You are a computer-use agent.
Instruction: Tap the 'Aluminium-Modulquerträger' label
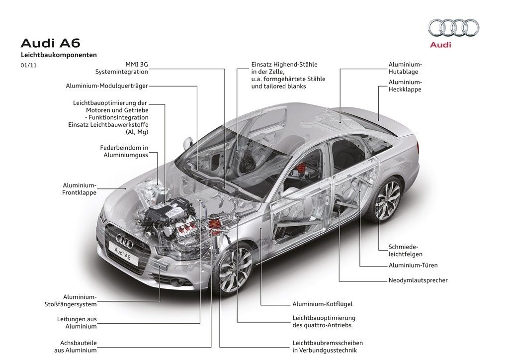107,86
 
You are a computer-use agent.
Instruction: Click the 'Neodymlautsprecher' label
418,280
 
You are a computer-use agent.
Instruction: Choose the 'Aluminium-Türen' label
413,265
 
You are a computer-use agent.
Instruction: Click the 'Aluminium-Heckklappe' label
405,86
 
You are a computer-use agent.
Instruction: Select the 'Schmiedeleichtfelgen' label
403,250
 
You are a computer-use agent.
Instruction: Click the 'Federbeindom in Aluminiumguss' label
124,151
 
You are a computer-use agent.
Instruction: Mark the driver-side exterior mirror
187,143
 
